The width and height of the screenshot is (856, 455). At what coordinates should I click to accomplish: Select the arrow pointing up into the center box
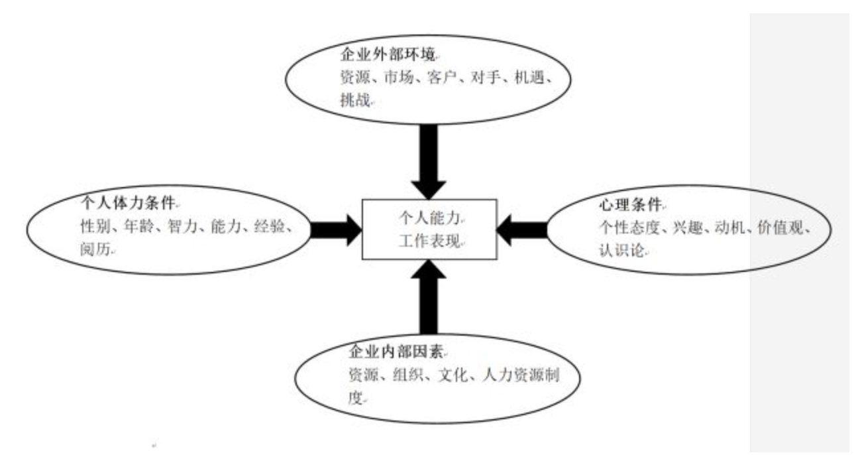(429, 295)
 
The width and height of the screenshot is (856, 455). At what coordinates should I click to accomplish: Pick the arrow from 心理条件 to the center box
(523, 229)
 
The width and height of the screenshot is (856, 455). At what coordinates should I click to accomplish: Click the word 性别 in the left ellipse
(94, 227)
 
